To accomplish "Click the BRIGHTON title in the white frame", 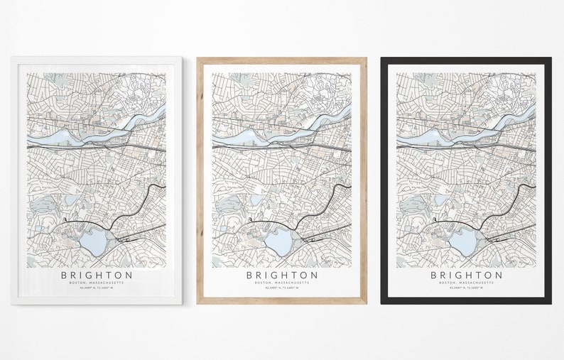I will (x=96, y=274).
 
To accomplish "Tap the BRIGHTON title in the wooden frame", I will (x=282, y=274).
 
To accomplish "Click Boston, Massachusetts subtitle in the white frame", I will (x=96, y=283).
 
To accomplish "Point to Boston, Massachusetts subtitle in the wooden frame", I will (x=282, y=283).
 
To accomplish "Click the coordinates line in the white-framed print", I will (x=96, y=290).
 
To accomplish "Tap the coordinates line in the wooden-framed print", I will (x=282, y=290).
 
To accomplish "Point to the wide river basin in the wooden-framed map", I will (x=242, y=132).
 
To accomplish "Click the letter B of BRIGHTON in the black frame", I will (x=434, y=274).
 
